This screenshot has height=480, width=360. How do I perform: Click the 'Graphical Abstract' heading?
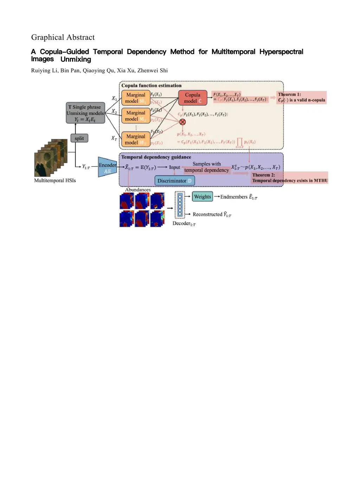pyautogui.click(x=63, y=37)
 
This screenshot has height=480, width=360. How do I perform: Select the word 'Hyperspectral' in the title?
pyautogui.click(x=281, y=52)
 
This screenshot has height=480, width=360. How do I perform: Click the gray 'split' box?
pyautogui.click(x=79, y=138)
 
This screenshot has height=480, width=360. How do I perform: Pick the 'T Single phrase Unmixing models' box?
pyautogui.click(x=85, y=113)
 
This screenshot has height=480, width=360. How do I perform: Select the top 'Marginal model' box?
pyautogui.click(x=136, y=98)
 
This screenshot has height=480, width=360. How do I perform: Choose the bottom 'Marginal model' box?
pyautogui.click(x=136, y=139)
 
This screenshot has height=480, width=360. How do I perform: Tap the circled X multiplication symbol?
pyautogui.click(x=182, y=122)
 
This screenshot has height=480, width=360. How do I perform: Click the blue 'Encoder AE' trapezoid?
pyautogui.click(x=107, y=167)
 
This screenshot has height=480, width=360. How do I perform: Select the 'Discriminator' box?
pyautogui.click(x=174, y=181)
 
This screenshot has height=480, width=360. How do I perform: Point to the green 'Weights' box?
pyautogui.click(x=202, y=197)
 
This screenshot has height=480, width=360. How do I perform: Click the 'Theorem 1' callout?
pyautogui.click(x=301, y=97)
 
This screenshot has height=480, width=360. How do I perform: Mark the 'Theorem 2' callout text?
pyautogui.click(x=289, y=178)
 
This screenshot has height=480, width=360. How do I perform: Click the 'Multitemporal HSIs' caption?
pyautogui.click(x=55, y=180)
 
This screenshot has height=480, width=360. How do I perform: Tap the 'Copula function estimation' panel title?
pyautogui.click(x=152, y=85)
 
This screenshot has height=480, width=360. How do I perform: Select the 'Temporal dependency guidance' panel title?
pyautogui.click(x=156, y=157)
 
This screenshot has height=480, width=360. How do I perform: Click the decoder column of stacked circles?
pyautogui.click(x=180, y=204)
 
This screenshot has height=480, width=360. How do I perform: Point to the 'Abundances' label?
pyautogui.click(x=138, y=190)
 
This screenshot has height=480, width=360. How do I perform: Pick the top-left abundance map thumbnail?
pyautogui.click(x=127, y=201)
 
